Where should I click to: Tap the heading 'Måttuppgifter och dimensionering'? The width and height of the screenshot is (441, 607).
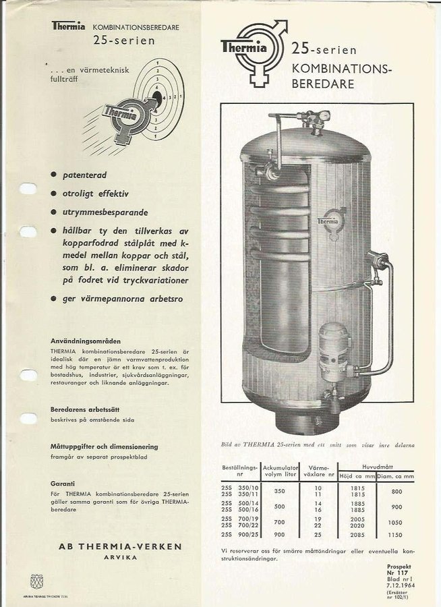pyautogui.click(x=104, y=446)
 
